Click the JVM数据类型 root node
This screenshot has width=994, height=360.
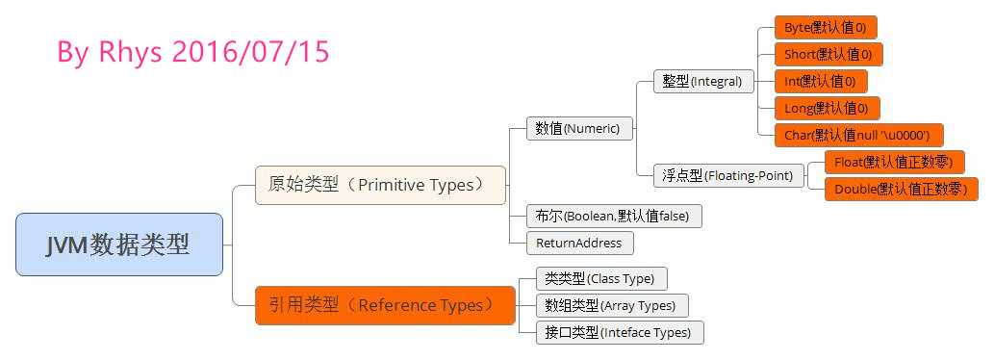click(x=119, y=244)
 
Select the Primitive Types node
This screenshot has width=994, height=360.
click(x=380, y=185)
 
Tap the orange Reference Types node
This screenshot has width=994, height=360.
click(x=385, y=305)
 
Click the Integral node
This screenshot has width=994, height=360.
click(x=703, y=82)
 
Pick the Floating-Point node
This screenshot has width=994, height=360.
click(x=729, y=175)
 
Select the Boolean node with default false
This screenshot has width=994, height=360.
click(x=614, y=217)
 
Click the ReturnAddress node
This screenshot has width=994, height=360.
click(x=580, y=243)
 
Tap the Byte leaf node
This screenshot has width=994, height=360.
click(x=826, y=27)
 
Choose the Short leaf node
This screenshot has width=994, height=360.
click(x=828, y=55)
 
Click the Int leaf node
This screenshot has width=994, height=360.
click(x=820, y=81)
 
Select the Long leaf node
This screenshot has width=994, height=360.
click(x=828, y=109)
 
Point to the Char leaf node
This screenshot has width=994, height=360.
click(x=859, y=135)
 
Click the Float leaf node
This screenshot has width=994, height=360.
click(x=894, y=163)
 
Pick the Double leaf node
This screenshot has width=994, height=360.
click(x=901, y=190)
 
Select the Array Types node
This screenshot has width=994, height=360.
click(x=612, y=305)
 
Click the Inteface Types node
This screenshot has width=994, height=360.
click(x=620, y=332)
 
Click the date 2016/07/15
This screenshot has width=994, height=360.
click(x=251, y=52)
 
